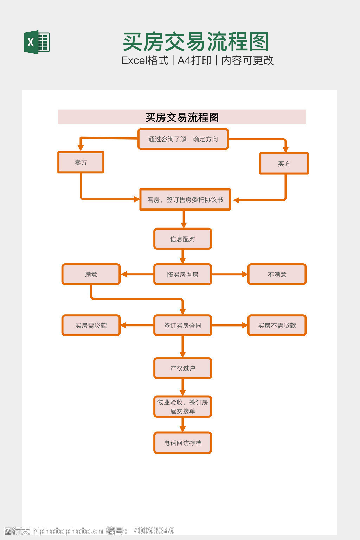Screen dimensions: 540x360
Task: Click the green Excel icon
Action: (x=37, y=42)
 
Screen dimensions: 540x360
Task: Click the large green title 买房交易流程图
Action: (x=196, y=42)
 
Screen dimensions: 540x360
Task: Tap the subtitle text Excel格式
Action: (x=144, y=60)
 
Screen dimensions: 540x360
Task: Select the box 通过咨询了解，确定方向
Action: (x=183, y=139)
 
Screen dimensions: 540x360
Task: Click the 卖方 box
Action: (x=81, y=162)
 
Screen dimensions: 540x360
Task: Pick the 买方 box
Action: (x=284, y=163)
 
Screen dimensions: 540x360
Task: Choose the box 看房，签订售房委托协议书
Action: (x=185, y=200)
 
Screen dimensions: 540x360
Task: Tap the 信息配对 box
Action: (x=182, y=239)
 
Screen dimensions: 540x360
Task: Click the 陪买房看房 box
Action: (x=182, y=275)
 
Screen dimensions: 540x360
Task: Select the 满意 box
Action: (x=91, y=275)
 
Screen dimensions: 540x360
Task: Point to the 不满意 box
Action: (x=277, y=275)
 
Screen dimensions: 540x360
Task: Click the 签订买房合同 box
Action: (x=182, y=326)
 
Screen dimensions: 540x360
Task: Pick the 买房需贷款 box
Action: (x=91, y=326)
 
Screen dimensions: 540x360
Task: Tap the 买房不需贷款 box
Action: (x=277, y=326)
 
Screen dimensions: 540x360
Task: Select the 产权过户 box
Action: (x=182, y=368)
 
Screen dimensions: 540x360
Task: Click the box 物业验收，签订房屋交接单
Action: (x=182, y=407)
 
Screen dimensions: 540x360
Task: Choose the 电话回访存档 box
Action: (x=182, y=443)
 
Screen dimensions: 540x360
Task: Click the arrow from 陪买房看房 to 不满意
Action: (x=230, y=274)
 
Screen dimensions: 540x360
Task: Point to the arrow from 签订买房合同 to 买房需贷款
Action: (x=137, y=326)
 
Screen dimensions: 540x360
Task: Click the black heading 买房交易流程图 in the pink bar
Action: (x=182, y=117)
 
